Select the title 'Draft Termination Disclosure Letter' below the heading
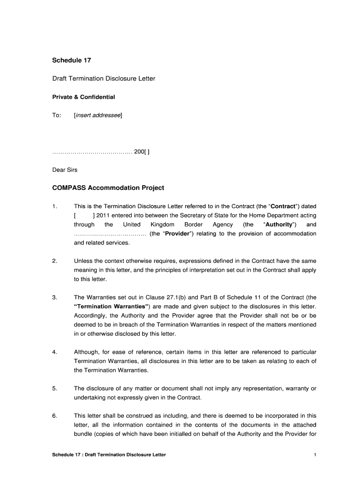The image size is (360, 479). point(103,79)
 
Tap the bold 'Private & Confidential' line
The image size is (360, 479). point(83,97)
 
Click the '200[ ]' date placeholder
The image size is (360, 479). point(142,152)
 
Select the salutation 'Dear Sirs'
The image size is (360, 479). point(65,170)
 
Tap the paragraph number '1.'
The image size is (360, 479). point(55,206)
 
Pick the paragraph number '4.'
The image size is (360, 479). point(55,352)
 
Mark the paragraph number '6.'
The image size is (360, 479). point(55,415)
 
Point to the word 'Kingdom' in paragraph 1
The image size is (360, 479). point(162,225)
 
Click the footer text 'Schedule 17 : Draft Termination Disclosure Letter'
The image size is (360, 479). point(109,455)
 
